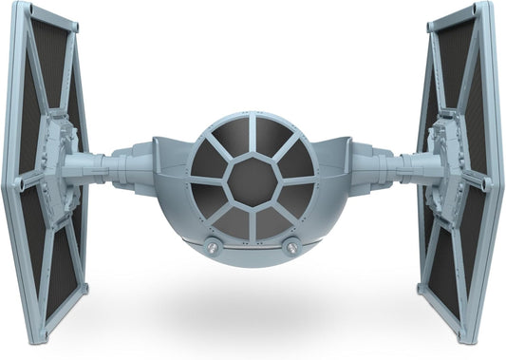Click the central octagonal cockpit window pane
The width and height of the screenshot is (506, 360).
253,178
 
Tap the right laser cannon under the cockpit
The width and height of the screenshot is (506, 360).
290,249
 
